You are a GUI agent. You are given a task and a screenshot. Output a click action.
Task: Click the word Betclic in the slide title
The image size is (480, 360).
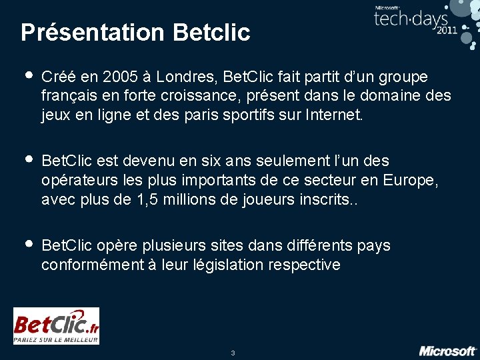click(x=211, y=33)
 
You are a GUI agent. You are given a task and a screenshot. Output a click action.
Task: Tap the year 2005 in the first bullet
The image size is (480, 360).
click(x=122, y=77)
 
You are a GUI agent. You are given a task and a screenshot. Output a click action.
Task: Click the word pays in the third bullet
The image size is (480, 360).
click(x=373, y=246)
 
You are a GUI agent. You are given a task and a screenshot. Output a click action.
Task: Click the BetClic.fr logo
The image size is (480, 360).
click(x=57, y=326)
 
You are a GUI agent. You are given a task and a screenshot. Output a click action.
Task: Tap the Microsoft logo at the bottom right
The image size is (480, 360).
click(x=447, y=351)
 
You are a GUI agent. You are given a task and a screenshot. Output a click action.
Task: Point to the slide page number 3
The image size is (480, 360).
click(x=233, y=353)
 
